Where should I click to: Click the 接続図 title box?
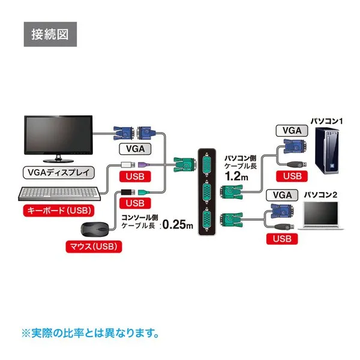tap(50, 34)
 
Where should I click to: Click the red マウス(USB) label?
tap(92, 246)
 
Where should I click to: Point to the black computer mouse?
tap(94, 230)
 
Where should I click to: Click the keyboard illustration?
tap(58, 194)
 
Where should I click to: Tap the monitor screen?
tap(58, 136)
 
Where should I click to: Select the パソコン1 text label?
tap(326, 121)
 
